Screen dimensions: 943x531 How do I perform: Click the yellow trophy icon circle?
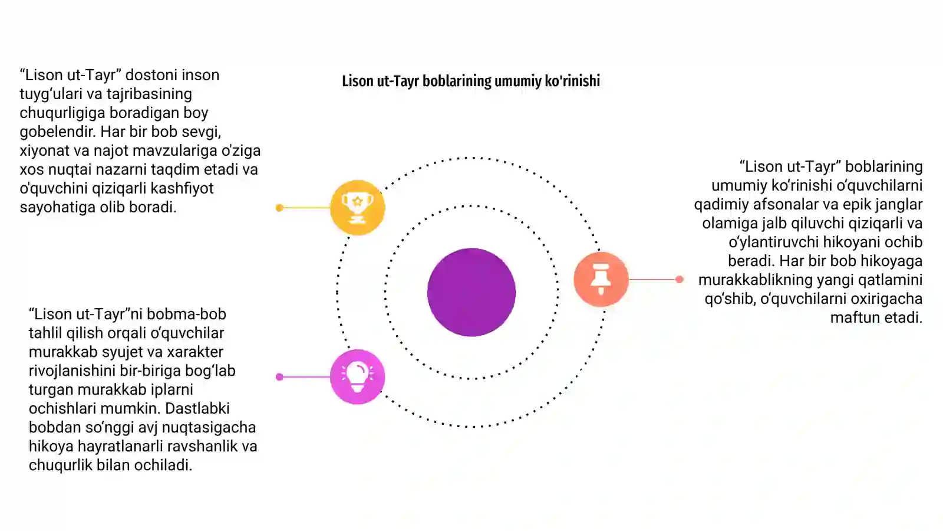click(x=357, y=207)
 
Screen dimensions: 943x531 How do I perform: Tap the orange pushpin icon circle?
click(x=601, y=279)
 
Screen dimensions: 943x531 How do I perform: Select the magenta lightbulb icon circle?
click(x=357, y=377)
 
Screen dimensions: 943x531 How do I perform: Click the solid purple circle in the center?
click(x=471, y=292)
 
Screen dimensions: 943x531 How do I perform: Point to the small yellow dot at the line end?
click(x=279, y=208)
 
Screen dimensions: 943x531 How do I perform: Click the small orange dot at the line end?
click(x=679, y=280)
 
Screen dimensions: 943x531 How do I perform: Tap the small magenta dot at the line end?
click(x=279, y=377)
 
